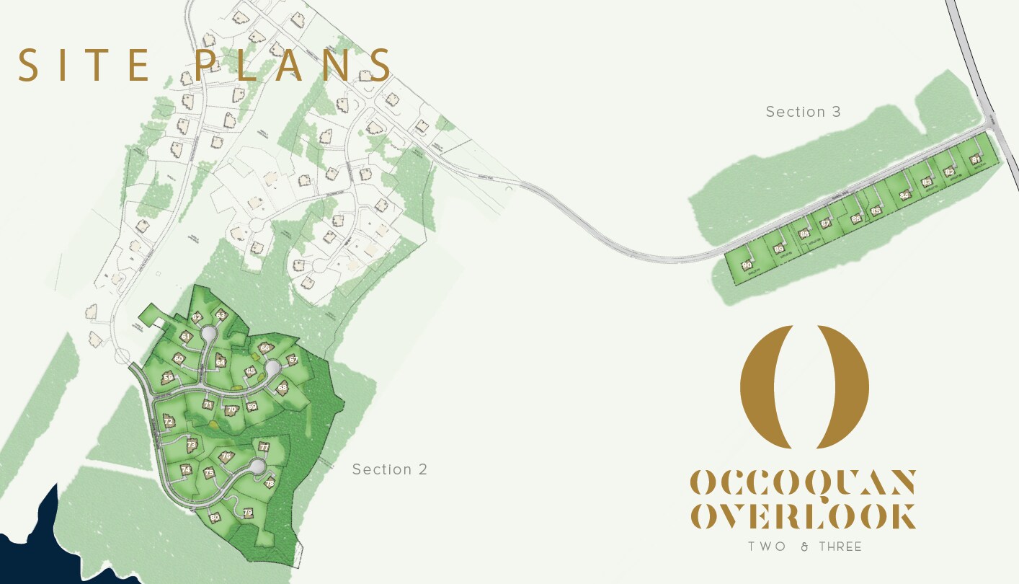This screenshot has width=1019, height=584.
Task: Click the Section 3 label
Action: (803, 112)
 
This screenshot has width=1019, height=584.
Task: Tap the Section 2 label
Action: (389, 469)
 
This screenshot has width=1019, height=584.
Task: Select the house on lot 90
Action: (747, 265)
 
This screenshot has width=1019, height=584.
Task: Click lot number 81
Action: (976, 159)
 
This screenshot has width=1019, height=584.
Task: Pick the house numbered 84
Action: (904, 195)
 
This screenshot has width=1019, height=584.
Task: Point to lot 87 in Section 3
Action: (825, 223)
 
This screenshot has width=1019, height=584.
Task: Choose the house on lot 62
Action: (197, 317)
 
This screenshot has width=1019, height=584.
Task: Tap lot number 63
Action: (221, 314)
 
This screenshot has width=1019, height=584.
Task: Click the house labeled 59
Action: (168, 377)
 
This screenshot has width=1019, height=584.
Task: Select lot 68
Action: (282, 387)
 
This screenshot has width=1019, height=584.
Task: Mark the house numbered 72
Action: (168, 421)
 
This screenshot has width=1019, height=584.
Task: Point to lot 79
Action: (248, 513)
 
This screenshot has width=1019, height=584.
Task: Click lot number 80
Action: (214, 517)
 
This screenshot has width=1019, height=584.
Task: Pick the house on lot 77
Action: (264, 447)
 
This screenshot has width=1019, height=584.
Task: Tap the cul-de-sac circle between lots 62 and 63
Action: (208, 333)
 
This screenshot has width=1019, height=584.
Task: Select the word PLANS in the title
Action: (293, 65)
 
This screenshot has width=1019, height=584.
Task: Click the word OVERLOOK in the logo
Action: (803, 516)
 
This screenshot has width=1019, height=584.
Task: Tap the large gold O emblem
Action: (804, 385)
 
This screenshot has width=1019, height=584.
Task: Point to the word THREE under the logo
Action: (840, 547)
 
